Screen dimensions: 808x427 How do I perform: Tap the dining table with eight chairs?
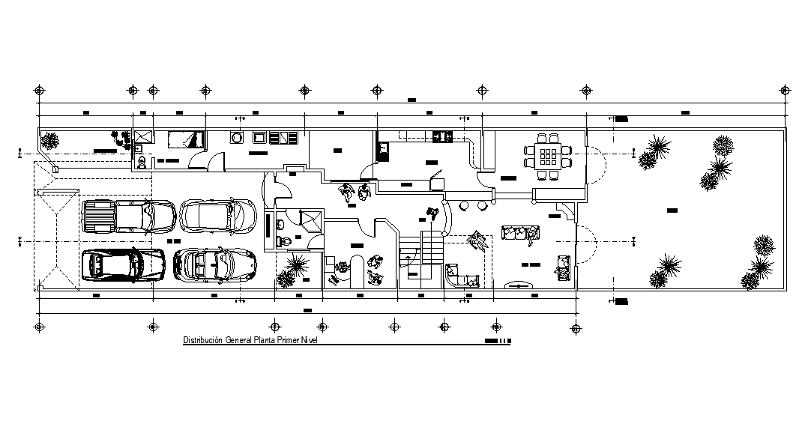(x=547, y=156)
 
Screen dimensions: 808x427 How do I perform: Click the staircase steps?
(x=432, y=247)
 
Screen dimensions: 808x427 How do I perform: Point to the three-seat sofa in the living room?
(x=521, y=234)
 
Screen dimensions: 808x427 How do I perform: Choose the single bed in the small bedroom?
(x=185, y=139)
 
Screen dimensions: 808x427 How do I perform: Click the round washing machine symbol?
(x=236, y=137)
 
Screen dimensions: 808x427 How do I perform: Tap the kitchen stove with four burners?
(x=441, y=136)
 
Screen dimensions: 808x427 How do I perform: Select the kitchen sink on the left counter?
(x=383, y=151)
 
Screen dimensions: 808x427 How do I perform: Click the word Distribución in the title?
(x=204, y=341)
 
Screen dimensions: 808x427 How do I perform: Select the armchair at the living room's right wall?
(x=562, y=265)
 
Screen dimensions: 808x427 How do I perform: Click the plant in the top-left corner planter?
(x=50, y=140)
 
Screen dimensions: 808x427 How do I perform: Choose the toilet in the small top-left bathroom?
(x=140, y=160)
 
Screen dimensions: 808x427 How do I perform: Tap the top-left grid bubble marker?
(x=40, y=90)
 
